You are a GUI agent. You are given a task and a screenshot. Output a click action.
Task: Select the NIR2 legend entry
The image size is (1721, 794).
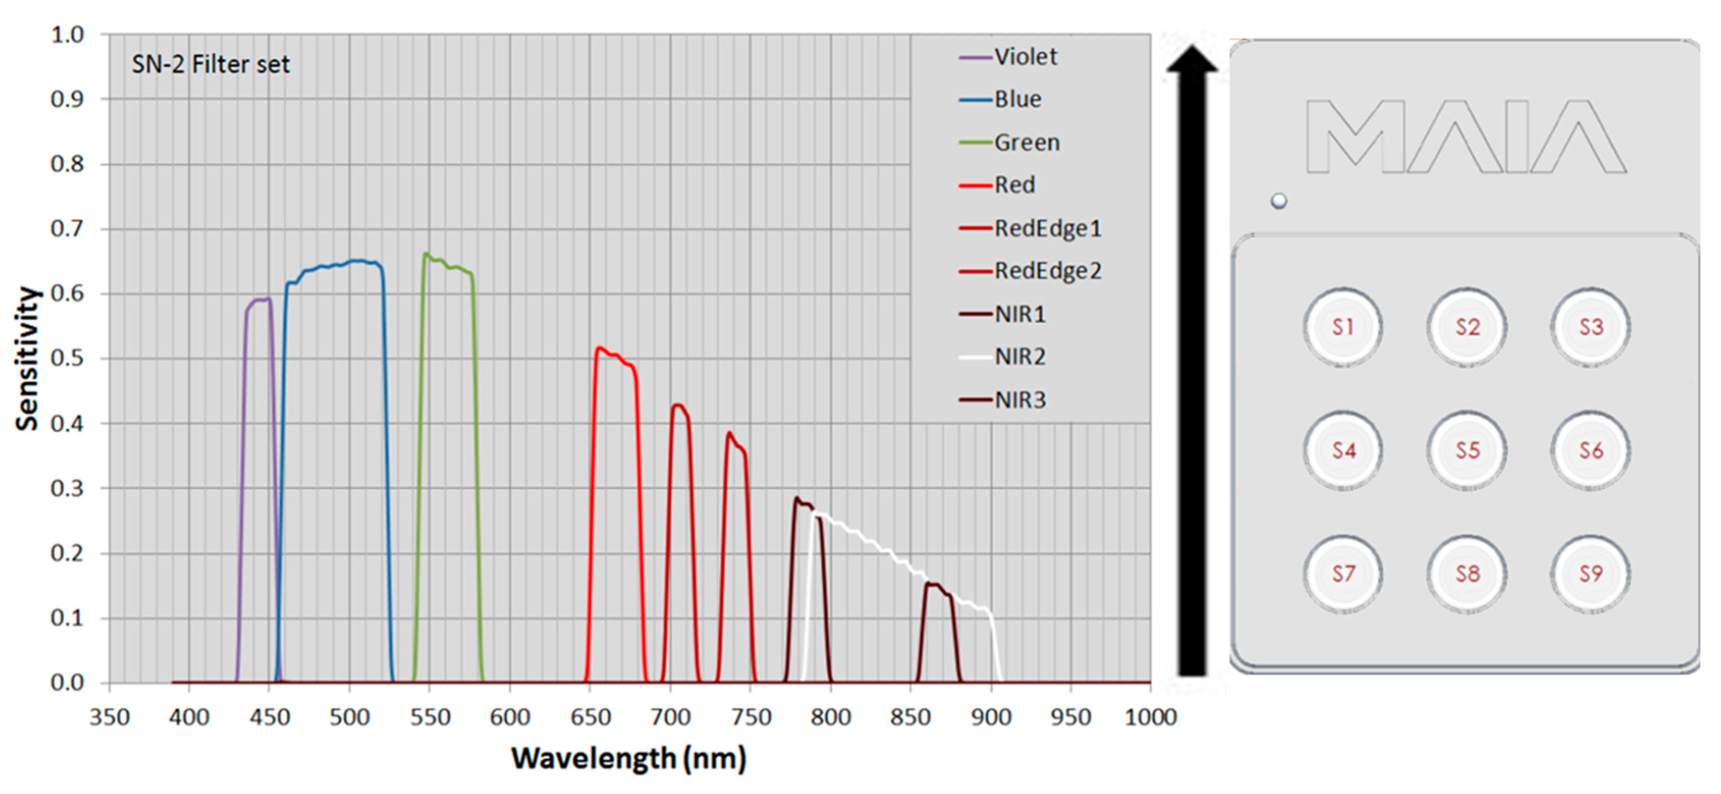coord(1019,357)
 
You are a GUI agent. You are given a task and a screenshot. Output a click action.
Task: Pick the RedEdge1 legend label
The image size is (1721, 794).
coord(1047,228)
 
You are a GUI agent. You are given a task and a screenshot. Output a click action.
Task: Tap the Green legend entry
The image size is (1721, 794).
coord(1026,142)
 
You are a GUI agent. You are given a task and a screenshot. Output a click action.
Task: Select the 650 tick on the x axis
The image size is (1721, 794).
coord(590,717)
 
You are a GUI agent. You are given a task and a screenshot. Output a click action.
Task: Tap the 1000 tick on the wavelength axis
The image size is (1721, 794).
coord(1150,717)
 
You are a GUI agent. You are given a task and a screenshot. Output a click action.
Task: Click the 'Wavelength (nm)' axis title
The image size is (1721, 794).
coord(628,759)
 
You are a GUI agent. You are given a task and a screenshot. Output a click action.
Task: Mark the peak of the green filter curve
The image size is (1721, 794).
coord(425,254)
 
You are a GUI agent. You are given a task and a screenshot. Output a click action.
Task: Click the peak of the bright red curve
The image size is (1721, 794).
coord(599,347)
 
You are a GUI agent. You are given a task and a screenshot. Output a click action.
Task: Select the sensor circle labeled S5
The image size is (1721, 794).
coord(1467,450)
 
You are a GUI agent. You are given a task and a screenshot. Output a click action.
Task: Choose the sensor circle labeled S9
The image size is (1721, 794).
coord(1591,573)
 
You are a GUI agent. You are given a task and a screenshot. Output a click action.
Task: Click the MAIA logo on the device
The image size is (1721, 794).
coord(1466,136)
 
